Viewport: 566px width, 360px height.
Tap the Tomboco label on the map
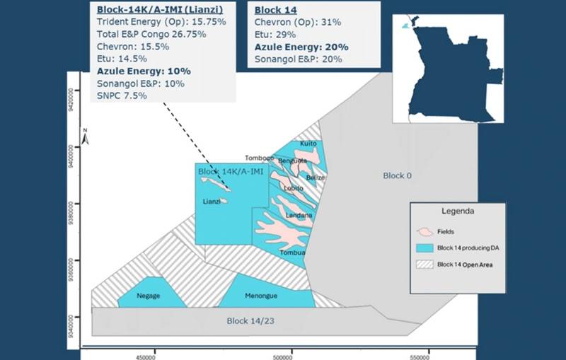[x=259, y=158]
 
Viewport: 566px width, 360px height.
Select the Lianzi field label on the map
[x=212, y=202]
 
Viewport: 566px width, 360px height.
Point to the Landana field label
[x=299, y=214]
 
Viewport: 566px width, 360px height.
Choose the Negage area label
[x=148, y=297]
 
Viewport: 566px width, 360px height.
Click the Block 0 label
[x=397, y=175]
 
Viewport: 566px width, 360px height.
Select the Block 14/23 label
[x=247, y=321]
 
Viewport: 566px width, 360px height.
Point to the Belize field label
[x=316, y=178]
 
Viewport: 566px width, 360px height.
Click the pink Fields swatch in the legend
[x=425, y=231]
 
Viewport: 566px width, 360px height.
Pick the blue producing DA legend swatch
[x=425, y=248]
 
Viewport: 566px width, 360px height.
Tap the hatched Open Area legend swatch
[x=425, y=265]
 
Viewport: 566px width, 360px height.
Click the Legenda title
[x=457, y=211]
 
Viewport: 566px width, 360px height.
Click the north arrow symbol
[x=85, y=137]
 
